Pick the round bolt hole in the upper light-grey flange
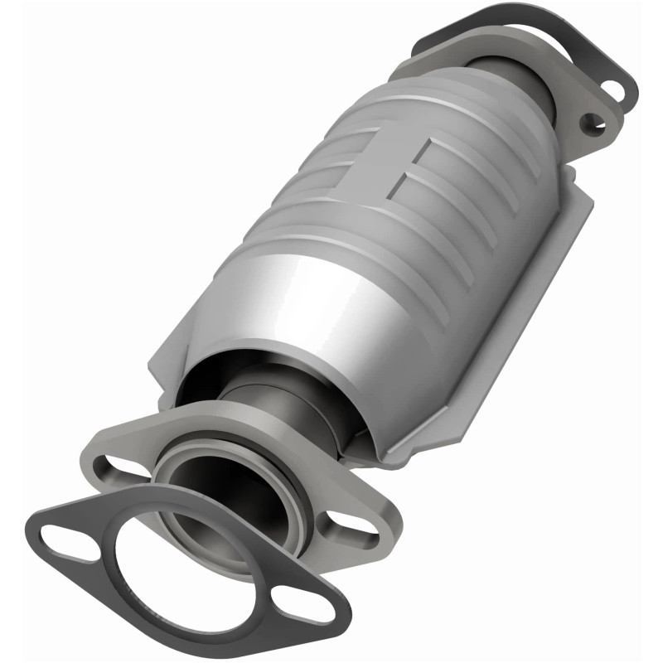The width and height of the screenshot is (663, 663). (590, 125)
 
